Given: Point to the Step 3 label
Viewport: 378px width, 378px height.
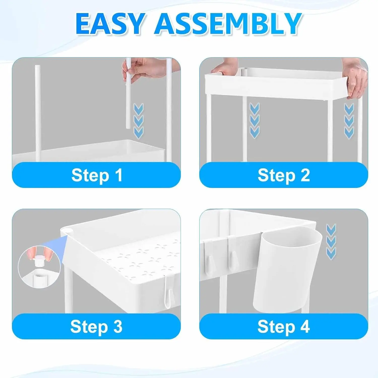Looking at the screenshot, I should click(96, 327).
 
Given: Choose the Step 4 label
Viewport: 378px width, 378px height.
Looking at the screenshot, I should click(283, 327).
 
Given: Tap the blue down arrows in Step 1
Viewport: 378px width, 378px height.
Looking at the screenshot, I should click(138, 121).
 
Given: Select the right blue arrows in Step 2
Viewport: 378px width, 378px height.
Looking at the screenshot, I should click(349, 121).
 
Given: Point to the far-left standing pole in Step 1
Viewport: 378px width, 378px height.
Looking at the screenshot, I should click(38, 113).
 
